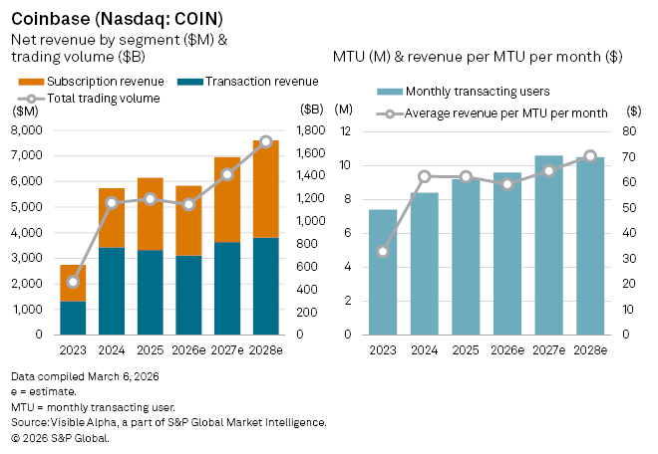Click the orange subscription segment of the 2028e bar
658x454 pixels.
click(x=266, y=189)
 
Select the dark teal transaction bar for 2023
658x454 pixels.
click(x=73, y=318)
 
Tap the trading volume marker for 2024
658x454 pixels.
click(x=112, y=203)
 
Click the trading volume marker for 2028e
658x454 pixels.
click(x=266, y=141)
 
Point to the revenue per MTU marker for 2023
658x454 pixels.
click(x=383, y=251)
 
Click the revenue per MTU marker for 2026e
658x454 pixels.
click(x=507, y=184)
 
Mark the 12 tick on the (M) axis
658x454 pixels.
click(x=346, y=130)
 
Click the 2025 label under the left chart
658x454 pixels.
click(x=150, y=349)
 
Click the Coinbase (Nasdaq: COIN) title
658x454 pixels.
click(x=117, y=18)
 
